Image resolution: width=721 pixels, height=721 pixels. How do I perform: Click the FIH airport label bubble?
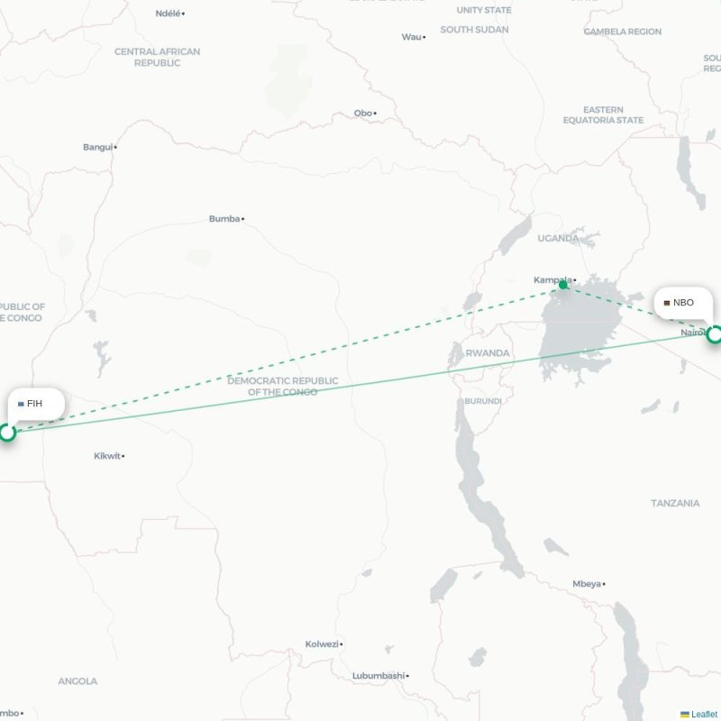[37, 403]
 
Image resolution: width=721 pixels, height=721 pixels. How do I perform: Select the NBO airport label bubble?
[682, 303]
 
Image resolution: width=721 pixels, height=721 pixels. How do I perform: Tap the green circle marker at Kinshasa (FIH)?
[8, 433]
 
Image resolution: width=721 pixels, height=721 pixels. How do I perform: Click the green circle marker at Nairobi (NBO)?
[715, 335]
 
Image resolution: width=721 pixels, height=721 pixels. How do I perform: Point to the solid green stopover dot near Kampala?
[563, 285]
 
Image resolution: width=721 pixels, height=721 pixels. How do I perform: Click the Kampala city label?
[552, 279]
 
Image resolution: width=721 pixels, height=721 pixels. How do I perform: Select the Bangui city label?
[98, 147]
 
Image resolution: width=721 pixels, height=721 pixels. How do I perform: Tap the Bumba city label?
[224, 218]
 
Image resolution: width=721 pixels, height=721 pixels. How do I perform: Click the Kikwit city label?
[107, 456]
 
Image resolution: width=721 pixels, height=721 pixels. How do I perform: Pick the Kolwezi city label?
[322, 643]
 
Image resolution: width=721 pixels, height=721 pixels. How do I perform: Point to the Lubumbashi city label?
[378, 675]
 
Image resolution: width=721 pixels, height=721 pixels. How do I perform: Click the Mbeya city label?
[586, 584]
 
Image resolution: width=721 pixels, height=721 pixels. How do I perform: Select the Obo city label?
[362, 113]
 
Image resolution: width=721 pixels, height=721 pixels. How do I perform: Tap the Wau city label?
[411, 37]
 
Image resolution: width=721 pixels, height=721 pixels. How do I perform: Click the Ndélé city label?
[168, 14]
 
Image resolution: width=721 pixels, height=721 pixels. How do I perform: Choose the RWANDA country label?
[488, 353]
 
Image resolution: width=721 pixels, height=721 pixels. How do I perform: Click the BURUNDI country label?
[482, 401]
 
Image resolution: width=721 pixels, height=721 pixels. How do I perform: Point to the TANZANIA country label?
[675, 503]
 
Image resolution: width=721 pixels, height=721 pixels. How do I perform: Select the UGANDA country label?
[558, 238]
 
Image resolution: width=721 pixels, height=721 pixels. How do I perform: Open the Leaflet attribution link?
[704, 714]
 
